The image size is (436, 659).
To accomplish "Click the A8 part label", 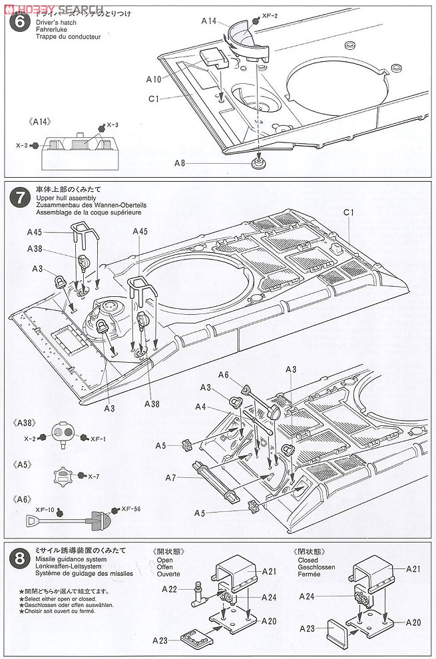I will tap(180, 163).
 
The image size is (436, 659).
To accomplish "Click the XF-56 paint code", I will tap(130, 509).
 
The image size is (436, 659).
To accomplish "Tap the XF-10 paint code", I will tap(45, 509).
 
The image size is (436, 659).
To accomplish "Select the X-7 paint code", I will tap(94, 476).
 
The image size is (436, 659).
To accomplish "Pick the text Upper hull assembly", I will tap(59, 198).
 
